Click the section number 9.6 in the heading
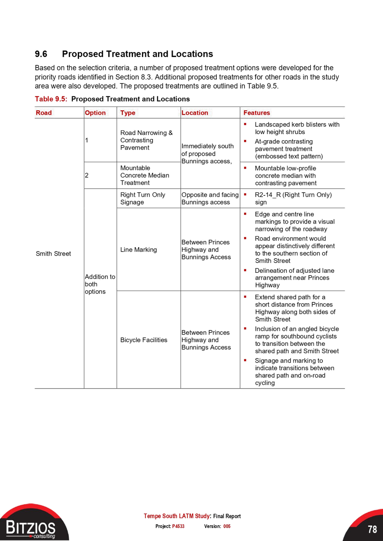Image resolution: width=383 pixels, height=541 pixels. point(41,54)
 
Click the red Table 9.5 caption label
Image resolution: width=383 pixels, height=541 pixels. point(51,99)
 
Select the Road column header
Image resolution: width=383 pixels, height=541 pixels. point(44,113)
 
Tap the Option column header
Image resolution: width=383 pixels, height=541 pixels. point(95,113)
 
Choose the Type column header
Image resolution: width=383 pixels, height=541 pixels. point(128,113)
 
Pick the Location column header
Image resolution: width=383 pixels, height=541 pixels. point(195,113)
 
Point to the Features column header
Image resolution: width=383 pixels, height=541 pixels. point(256,113)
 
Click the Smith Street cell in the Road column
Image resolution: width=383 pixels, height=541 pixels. point(53,254)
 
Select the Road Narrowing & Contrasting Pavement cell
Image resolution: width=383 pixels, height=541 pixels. point(146,140)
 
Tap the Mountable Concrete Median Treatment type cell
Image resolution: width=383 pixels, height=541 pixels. point(144,175)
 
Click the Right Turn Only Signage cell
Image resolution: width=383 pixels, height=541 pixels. point(142,198)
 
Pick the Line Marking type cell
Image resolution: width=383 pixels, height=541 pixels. point(138,250)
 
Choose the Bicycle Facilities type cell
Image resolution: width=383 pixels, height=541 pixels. point(144,340)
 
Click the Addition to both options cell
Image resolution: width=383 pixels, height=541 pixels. point(100,284)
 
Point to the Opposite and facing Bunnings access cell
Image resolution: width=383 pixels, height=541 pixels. point(210,198)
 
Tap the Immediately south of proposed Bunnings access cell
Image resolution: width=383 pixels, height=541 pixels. point(208,154)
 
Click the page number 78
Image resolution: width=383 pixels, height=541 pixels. point(372,529)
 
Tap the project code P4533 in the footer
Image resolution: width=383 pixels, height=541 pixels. point(178,526)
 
